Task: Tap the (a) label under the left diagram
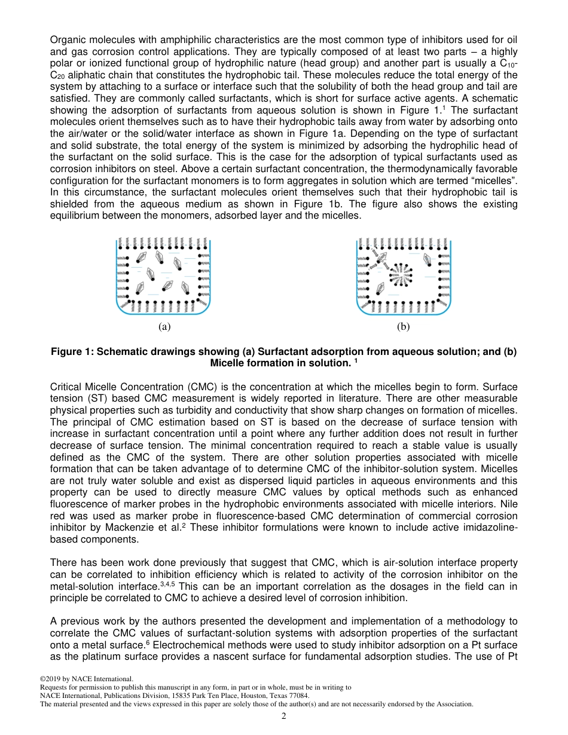[x=164, y=327]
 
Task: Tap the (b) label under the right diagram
[x=404, y=327]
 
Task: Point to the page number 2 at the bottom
[x=284, y=716]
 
